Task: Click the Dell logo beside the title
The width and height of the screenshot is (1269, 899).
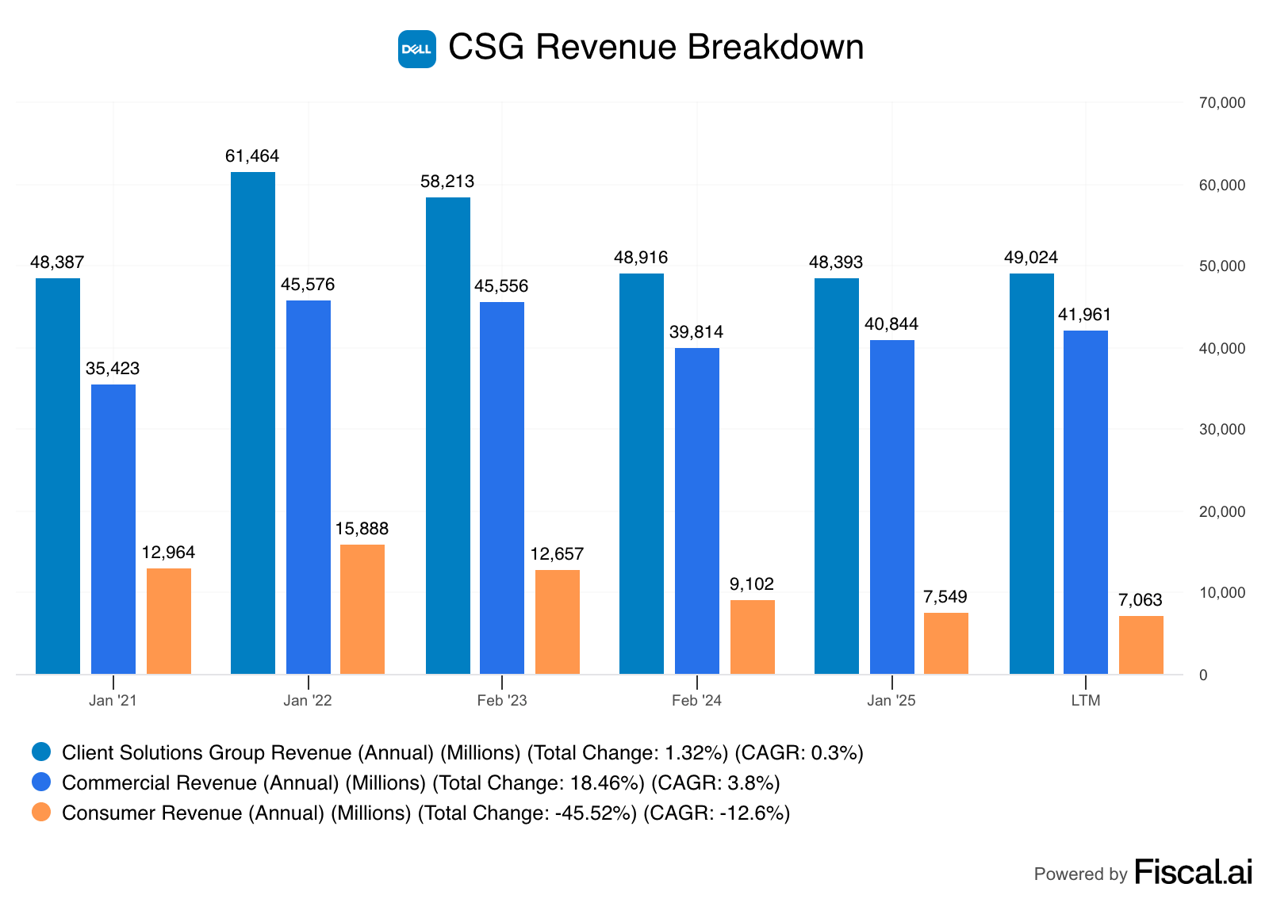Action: (416, 49)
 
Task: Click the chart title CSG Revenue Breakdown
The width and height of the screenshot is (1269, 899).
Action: (656, 48)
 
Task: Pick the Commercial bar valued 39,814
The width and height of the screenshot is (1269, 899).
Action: (697, 511)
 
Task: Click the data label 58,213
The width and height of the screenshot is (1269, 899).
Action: (447, 182)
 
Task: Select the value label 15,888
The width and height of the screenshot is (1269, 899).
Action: (362, 529)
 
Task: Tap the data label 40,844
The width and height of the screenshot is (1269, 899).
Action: (891, 324)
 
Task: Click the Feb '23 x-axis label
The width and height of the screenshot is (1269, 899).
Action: (502, 701)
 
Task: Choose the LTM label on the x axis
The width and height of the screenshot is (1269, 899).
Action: (1086, 701)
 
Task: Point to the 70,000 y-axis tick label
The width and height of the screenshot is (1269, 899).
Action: (1222, 103)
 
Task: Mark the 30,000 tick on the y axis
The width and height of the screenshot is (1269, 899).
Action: (1222, 430)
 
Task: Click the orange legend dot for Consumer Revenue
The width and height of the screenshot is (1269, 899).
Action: (41, 813)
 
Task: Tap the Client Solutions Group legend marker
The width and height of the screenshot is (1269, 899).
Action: (41, 752)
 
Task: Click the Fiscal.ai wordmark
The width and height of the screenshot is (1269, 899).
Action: (1194, 872)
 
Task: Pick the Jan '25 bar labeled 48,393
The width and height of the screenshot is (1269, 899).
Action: (837, 476)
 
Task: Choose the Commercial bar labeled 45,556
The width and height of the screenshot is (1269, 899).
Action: (502, 488)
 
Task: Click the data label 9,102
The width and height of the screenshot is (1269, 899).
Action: (752, 584)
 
